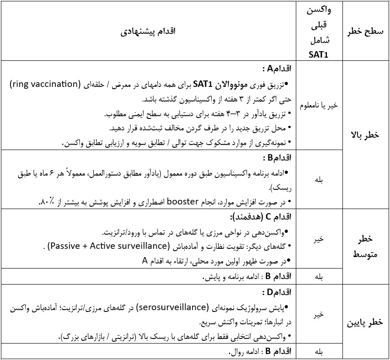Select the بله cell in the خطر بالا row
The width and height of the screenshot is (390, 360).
point(318,180)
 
